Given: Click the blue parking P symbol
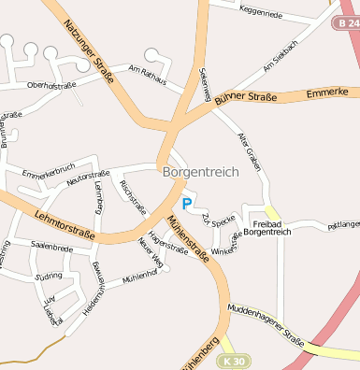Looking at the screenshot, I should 187,203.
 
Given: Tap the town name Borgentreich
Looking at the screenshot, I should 200,172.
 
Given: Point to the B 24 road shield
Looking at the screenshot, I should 347,21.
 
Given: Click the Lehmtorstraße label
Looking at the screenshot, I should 64,224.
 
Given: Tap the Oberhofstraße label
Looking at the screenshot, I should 51,85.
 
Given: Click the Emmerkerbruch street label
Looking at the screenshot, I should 48,174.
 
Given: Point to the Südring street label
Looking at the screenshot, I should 48,277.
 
